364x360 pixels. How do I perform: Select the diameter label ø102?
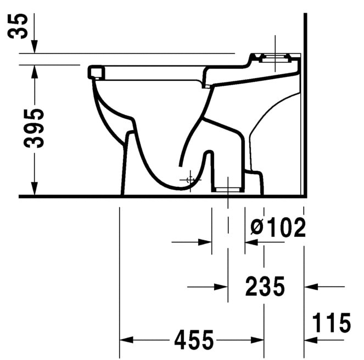[277, 228]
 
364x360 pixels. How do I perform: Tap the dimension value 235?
[265, 286]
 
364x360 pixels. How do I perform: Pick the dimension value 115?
[332, 323]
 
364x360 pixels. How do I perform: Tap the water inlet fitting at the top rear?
[276, 57]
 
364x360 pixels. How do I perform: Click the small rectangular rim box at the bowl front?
[96, 71]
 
